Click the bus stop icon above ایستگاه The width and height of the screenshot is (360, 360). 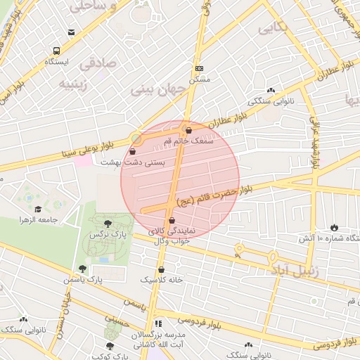56,51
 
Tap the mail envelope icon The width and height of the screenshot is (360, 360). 71,33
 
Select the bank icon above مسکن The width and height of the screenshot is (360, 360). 199,69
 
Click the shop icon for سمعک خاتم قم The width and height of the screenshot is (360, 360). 187,130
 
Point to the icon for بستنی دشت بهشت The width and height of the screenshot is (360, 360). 133,151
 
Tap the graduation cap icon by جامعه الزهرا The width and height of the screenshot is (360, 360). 37,209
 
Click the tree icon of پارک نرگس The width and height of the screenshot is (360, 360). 107,224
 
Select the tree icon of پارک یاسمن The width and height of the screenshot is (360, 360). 83,269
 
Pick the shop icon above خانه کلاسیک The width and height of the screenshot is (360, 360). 162,269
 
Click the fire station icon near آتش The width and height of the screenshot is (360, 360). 334,227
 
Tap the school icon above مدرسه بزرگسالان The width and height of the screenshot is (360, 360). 157,323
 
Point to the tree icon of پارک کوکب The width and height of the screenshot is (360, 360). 109,346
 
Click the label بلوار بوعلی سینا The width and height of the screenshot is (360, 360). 87,147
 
